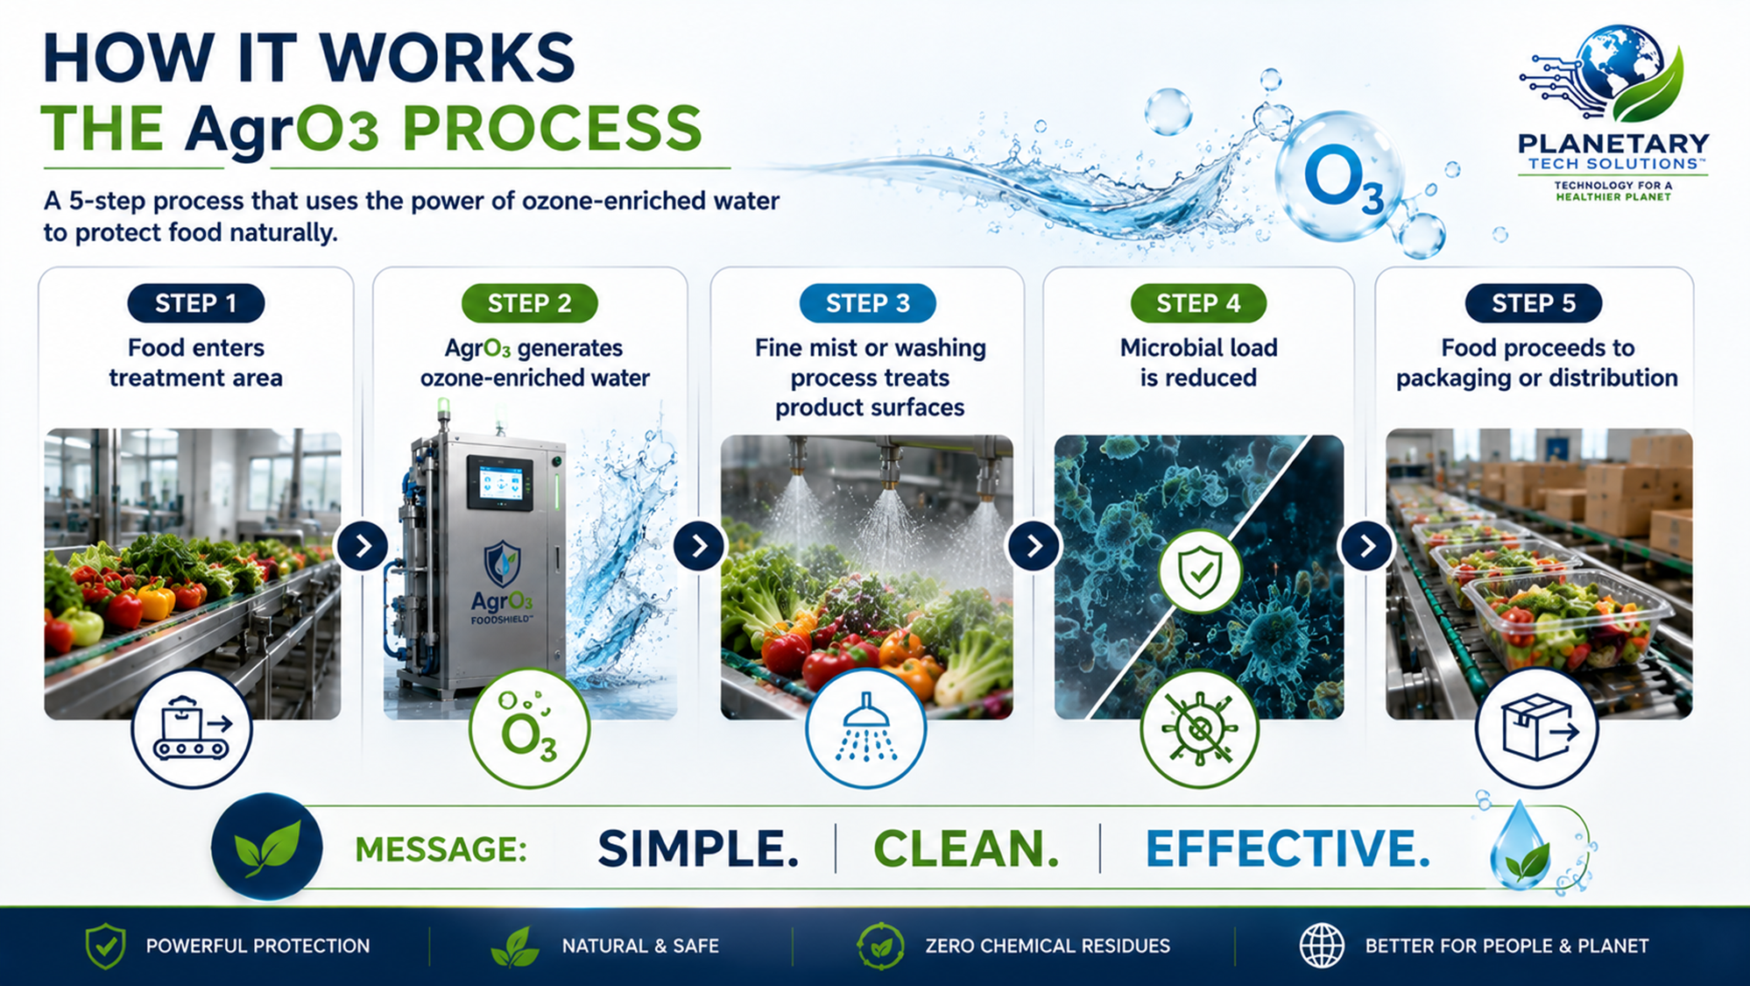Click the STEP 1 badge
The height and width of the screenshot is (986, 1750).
point(195,303)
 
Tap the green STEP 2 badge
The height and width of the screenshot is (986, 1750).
point(529,303)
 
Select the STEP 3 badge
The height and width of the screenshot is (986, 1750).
point(867,303)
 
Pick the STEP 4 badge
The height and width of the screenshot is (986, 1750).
point(1198,303)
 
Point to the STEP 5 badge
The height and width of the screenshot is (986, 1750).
point(1534,303)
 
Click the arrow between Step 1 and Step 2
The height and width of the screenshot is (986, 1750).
point(363,546)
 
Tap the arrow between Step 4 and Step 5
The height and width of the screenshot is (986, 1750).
point(1366,546)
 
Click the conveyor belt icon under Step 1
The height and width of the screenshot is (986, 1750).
point(192,728)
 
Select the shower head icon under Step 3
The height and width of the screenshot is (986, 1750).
point(865,728)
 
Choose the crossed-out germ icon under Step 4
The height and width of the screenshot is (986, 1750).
point(1199,728)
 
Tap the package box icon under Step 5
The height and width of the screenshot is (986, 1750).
point(1537,728)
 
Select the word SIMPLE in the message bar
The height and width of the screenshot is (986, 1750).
point(698,848)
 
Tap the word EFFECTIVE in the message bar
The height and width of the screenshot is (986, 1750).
point(1288,848)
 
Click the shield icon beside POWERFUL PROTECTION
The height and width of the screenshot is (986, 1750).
point(106,946)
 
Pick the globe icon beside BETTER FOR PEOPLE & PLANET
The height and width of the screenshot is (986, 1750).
point(1322,946)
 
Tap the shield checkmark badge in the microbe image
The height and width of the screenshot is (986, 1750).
point(1200,571)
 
